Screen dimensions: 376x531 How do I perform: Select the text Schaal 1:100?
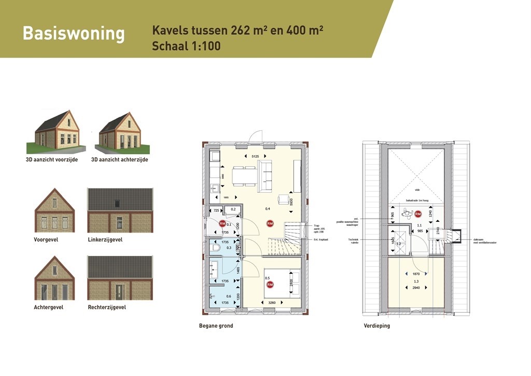[x=186, y=46]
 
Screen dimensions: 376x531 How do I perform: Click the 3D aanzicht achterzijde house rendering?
[x=119, y=132]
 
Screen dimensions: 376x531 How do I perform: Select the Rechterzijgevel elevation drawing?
[x=120, y=278]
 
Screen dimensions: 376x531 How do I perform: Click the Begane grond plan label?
[x=216, y=326]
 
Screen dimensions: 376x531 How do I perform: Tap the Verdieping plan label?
[x=376, y=326]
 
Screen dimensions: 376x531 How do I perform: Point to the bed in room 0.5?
[x=282, y=283]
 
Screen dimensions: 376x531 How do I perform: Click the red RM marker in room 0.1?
[x=222, y=224]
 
